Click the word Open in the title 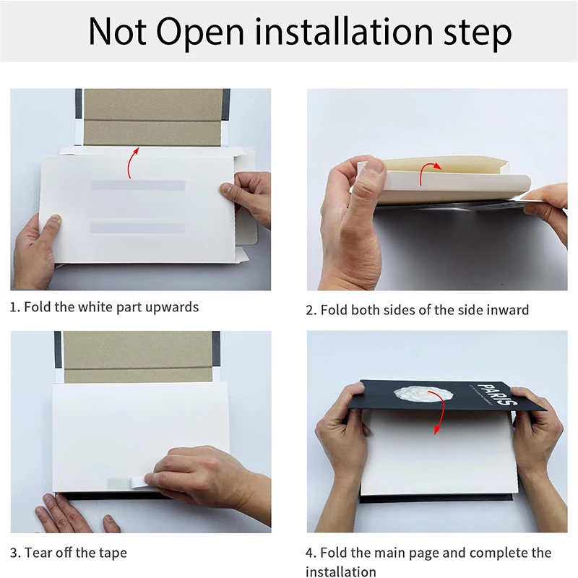[x=200, y=33]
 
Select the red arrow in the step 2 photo [x=428, y=172]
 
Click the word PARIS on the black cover [x=497, y=394]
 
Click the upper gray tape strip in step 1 [x=137, y=185]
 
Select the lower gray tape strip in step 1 [x=137, y=228]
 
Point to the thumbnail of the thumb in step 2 [x=374, y=167]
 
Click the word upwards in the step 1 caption [x=172, y=308]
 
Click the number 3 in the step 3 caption [x=14, y=553]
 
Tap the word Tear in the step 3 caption [x=37, y=553]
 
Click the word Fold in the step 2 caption [x=334, y=310]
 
